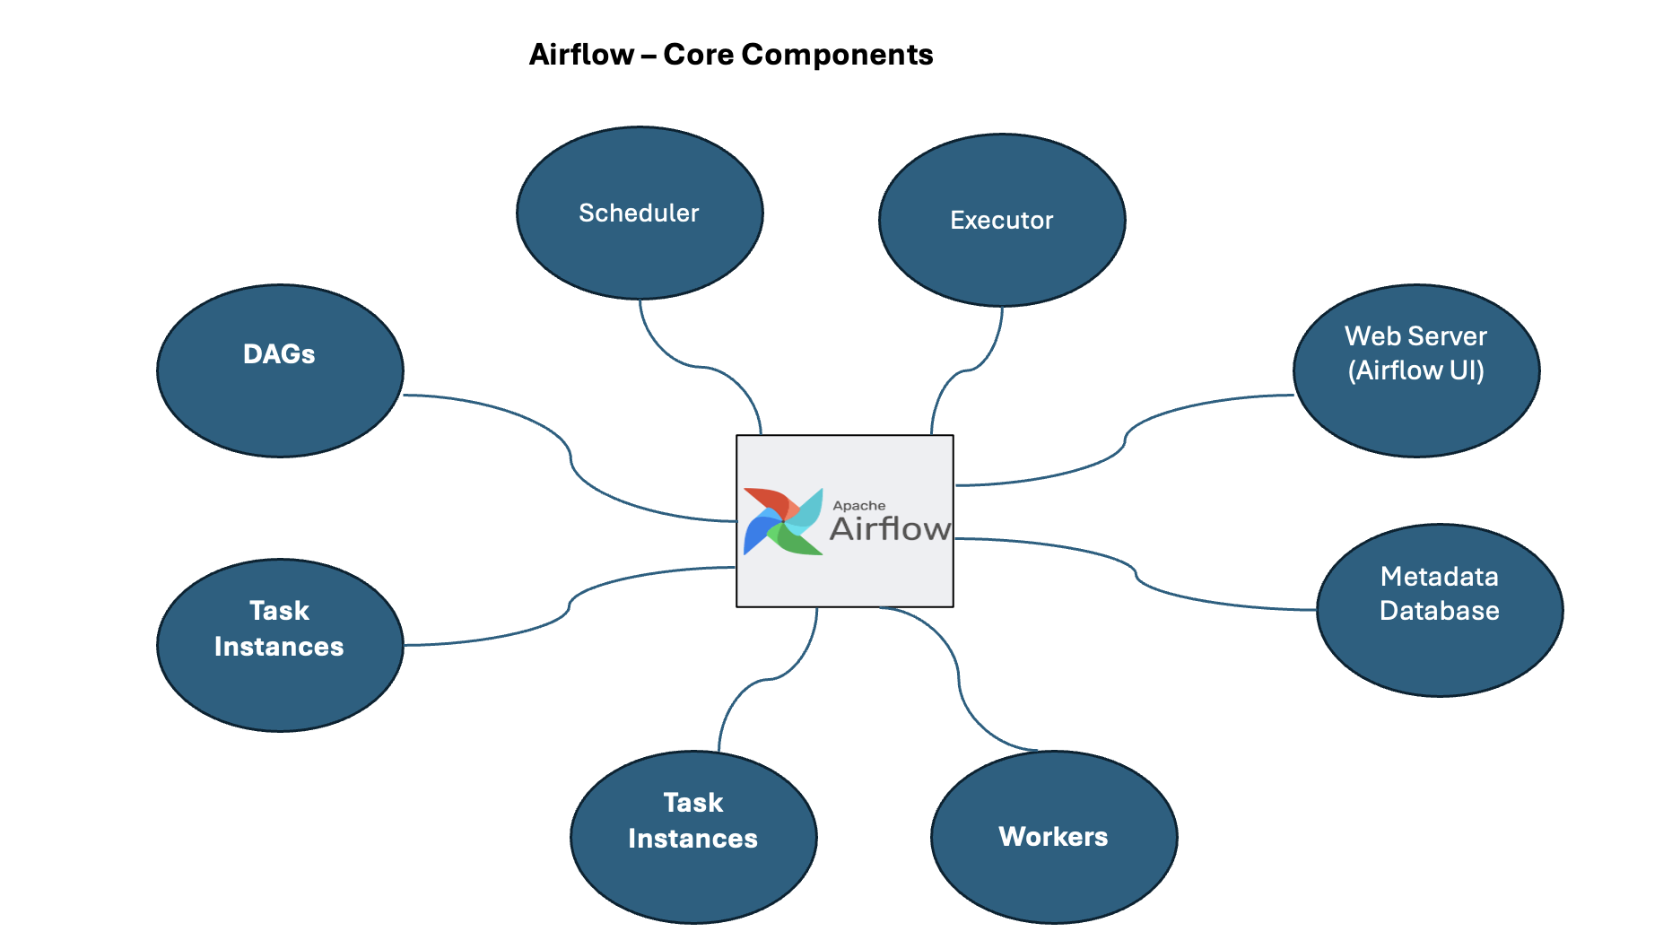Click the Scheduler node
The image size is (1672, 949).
click(x=640, y=213)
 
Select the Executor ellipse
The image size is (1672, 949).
click(x=1002, y=221)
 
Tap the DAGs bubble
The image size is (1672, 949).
click(x=280, y=370)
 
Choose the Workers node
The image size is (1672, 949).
click(x=1054, y=837)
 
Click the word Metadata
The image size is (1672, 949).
click(x=1439, y=577)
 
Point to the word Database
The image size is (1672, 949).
click(x=1439, y=611)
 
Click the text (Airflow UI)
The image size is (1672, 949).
click(x=1415, y=370)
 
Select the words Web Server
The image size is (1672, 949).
click(x=1415, y=336)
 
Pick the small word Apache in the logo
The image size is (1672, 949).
click(x=858, y=506)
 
